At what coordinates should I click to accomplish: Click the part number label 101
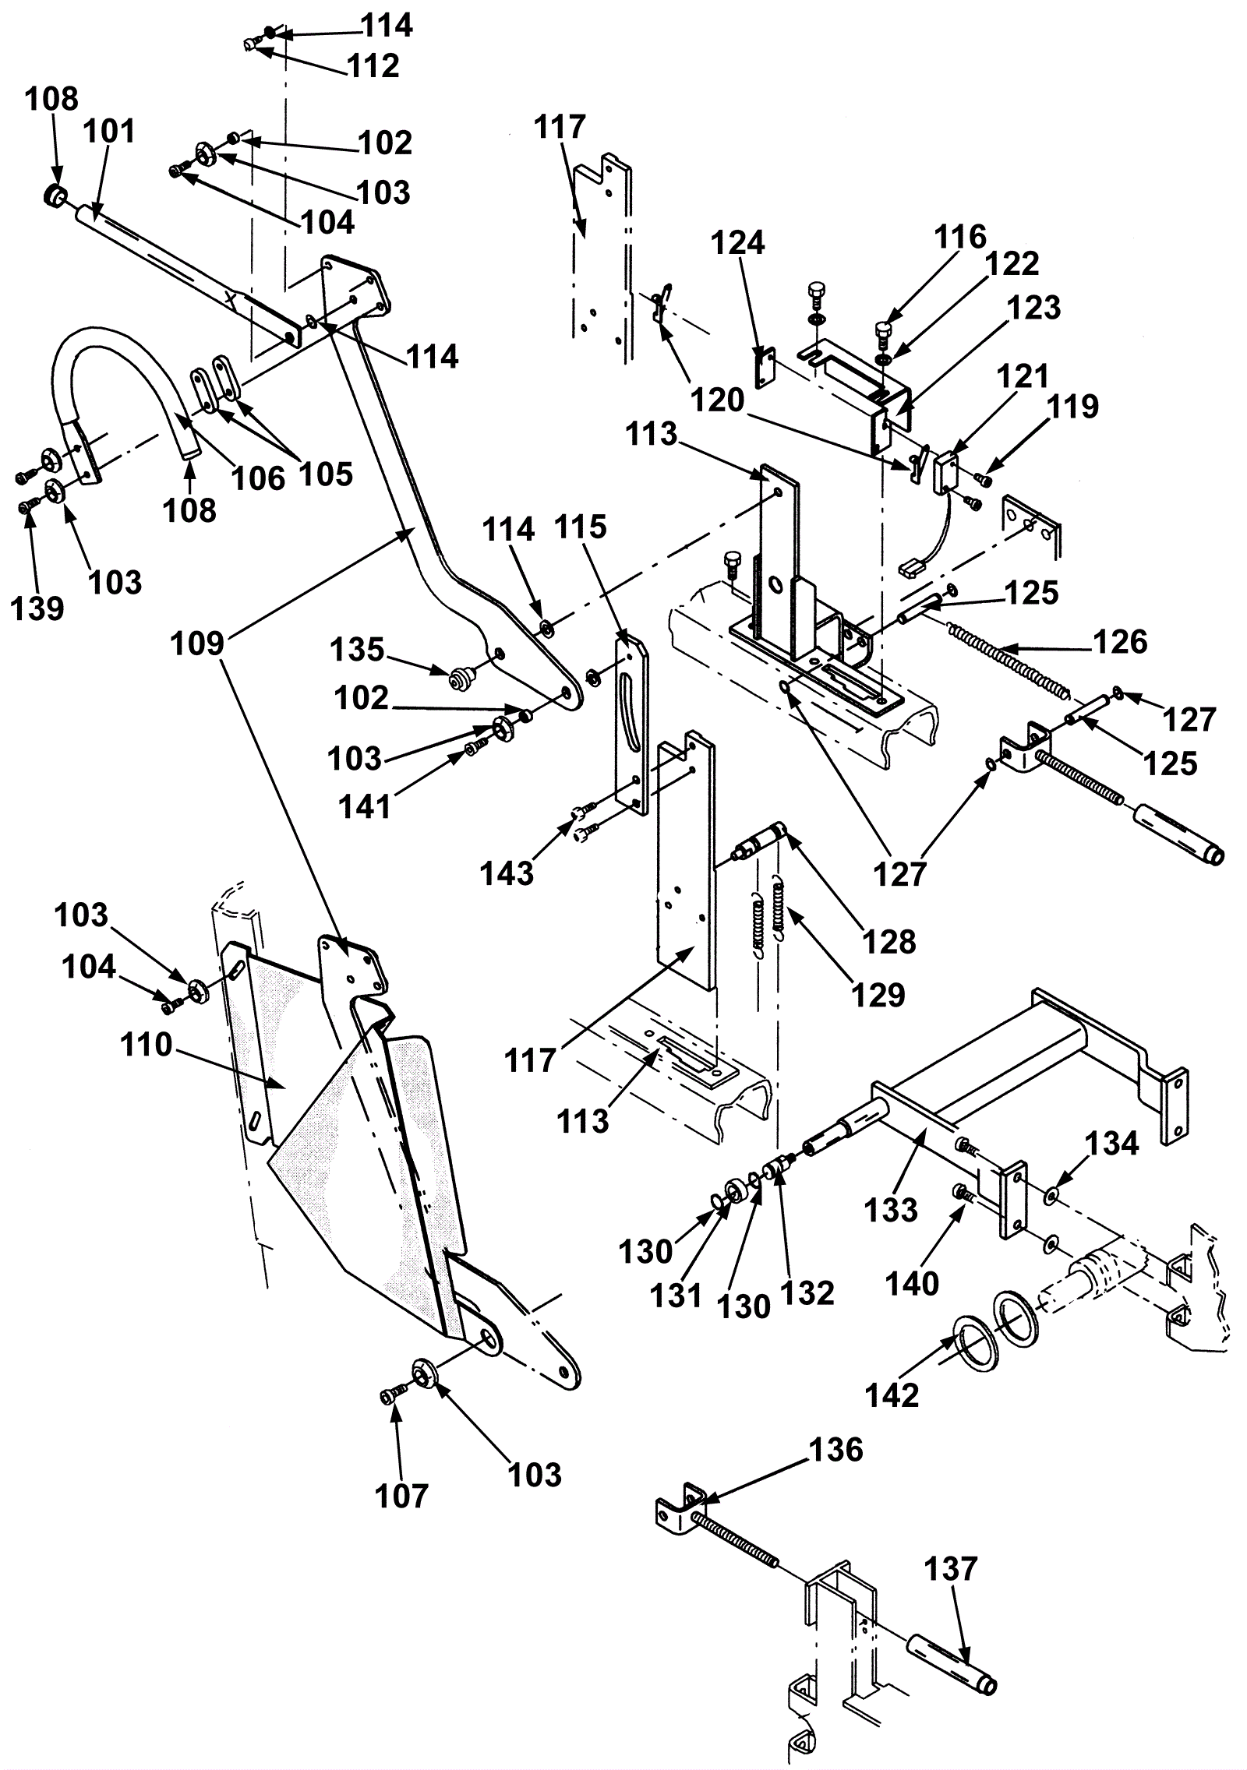pos(109,131)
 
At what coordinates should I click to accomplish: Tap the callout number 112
pos(374,65)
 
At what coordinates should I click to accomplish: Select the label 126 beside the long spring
pos(1121,641)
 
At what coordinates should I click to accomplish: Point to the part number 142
pos(892,1395)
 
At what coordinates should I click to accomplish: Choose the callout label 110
pos(146,1045)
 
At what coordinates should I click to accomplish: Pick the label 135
pos(357,649)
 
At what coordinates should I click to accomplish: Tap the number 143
pos(507,873)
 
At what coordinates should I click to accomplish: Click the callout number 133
pos(891,1210)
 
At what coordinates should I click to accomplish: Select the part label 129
pos(878,994)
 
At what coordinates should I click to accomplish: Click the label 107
pos(402,1496)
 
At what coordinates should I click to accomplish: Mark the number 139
pos(37,608)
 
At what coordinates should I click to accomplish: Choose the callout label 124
pos(738,243)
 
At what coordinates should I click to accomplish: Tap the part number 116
pos(961,236)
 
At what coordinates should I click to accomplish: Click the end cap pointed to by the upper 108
pos(55,195)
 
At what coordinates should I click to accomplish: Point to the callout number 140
pos(913,1282)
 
